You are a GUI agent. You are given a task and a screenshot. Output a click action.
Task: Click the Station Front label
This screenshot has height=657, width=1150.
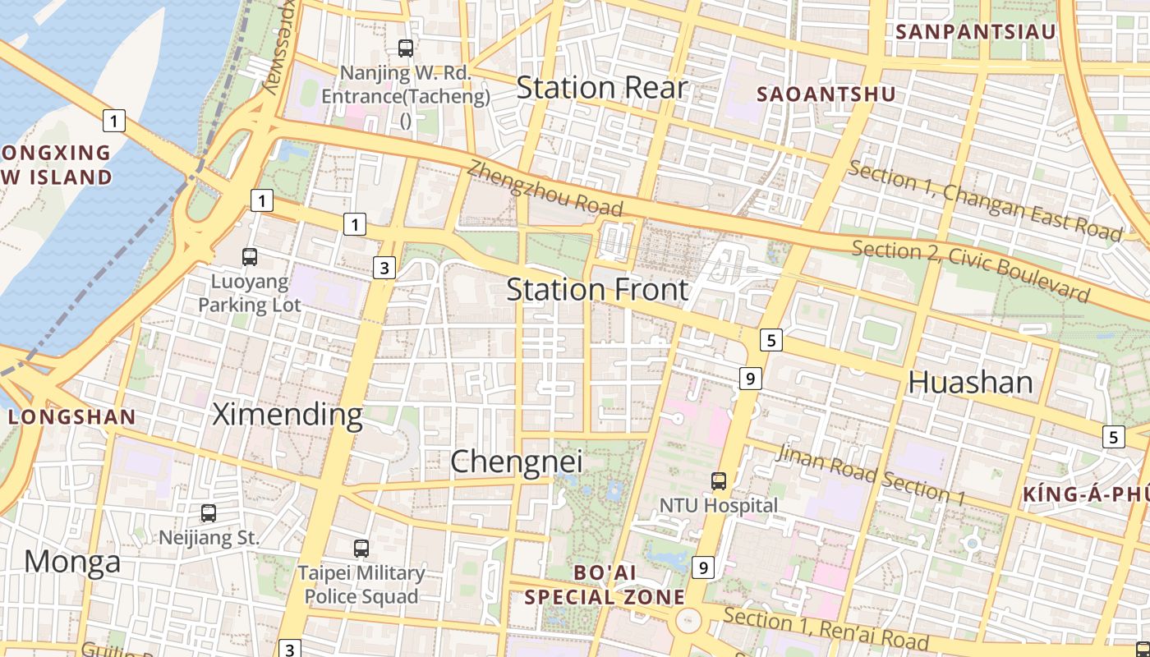tap(597, 290)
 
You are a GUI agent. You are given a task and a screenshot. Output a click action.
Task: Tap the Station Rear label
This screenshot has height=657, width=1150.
tap(601, 88)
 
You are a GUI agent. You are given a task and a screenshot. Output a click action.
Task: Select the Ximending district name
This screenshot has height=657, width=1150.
tap(287, 415)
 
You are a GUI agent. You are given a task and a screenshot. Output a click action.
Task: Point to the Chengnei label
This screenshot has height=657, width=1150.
tap(517, 462)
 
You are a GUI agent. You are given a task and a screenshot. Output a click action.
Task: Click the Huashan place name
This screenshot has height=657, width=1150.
tap(970, 383)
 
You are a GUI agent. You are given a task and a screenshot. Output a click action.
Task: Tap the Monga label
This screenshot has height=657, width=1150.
tap(72, 563)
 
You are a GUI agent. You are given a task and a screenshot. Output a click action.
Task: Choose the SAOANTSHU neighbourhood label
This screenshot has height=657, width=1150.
tap(826, 94)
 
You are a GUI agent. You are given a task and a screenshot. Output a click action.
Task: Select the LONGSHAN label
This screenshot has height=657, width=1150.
tap(72, 417)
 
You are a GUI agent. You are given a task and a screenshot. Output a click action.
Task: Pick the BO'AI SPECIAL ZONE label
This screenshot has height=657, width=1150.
tap(605, 585)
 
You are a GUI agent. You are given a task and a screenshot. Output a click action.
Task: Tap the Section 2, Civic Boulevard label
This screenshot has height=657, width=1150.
tap(970, 270)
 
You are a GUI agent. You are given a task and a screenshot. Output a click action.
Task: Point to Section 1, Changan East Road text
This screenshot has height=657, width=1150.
tap(984, 201)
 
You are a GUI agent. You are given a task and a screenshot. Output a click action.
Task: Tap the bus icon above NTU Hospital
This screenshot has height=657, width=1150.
tap(719, 481)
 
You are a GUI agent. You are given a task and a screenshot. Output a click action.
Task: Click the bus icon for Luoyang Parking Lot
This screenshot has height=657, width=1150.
tap(250, 257)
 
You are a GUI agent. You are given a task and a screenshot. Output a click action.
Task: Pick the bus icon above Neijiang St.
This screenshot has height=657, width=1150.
tap(209, 513)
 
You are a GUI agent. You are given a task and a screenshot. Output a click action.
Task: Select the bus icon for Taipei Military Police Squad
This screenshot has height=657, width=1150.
tap(361, 549)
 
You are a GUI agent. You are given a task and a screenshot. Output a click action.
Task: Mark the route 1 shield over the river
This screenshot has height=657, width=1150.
tap(113, 121)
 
